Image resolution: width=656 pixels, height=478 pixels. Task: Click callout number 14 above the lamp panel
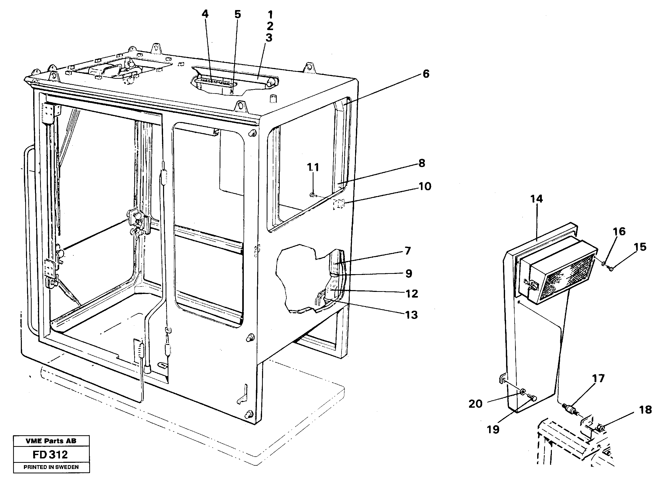coord(536,199)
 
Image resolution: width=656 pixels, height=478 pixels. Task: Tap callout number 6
coord(426,74)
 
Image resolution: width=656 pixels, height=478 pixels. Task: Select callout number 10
coord(425,186)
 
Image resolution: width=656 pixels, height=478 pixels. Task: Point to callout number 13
coord(411,315)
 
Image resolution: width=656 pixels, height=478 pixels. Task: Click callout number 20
coord(475,404)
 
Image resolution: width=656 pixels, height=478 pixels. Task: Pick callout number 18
coord(645,410)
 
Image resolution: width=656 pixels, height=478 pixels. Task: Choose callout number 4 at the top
coord(205,14)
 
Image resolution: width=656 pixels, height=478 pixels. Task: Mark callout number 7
coord(408,251)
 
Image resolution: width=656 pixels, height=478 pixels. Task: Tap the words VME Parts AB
coord(51,441)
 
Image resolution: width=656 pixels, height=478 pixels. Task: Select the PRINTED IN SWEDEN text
coord(51,467)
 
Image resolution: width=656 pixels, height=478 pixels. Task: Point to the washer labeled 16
coord(603,264)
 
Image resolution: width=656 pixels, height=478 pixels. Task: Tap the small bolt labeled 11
coord(312,195)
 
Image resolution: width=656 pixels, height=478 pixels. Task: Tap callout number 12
coord(412,294)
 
